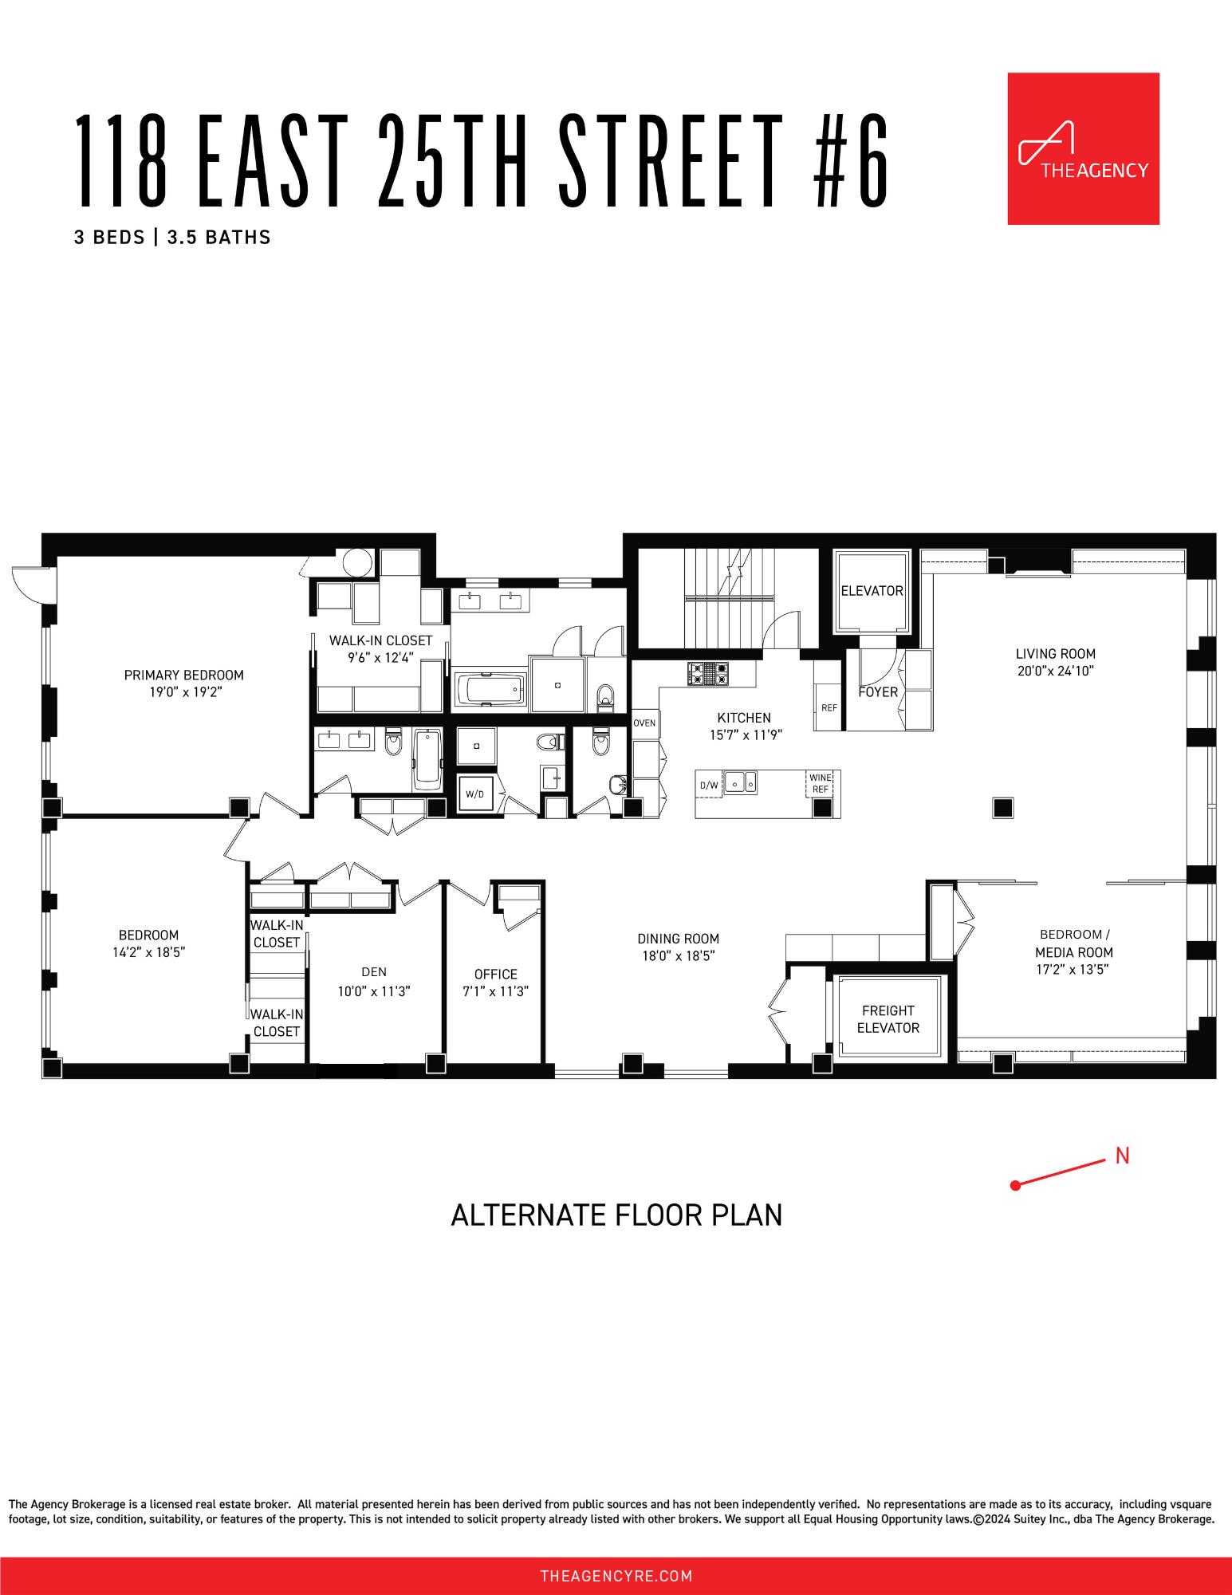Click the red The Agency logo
(1083, 149)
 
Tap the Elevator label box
(872, 591)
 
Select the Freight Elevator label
(888, 1019)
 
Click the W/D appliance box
(474, 794)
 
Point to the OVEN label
(644, 723)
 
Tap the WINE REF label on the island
(820, 783)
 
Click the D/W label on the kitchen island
(708, 786)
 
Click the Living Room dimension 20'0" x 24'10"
(1055, 671)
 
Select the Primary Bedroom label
(183, 675)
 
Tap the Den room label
(374, 971)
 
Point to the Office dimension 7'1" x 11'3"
(495, 991)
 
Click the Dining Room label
(678, 939)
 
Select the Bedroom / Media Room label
(1073, 943)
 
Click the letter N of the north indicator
(1122, 1156)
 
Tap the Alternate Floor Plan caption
(616, 1215)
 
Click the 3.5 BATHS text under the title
(218, 237)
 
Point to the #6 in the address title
(851, 160)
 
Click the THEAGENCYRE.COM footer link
(616, 1576)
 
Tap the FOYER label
(878, 692)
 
